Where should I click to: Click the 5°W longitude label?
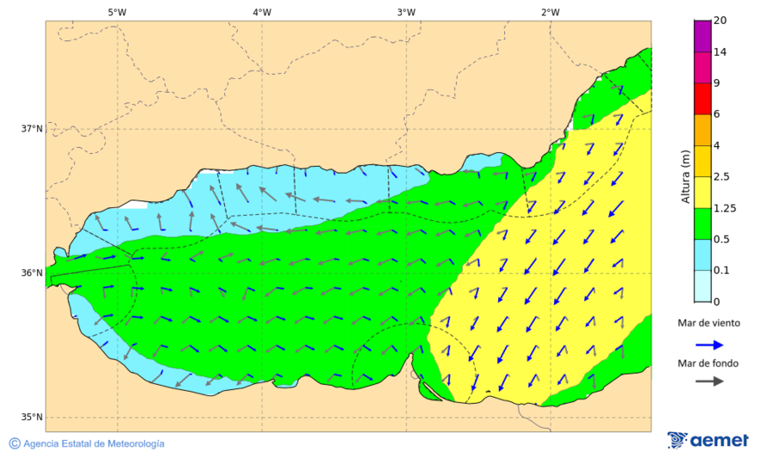click(x=118, y=12)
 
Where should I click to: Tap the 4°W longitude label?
click(x=262, y=12)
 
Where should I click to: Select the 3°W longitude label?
click(x=406, y=12)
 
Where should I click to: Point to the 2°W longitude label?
click(x=551, y=12)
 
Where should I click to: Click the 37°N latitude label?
click(x=32, y=129)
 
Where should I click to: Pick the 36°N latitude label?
click(x=32, y=273)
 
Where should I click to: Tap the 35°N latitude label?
click(x=32, y=418)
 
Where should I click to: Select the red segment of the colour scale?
click(x=702, y=99)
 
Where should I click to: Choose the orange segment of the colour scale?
click(x=702, y=130)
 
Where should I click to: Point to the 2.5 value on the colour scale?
click(x=721, y=177)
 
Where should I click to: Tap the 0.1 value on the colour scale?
click(x=721, y=271)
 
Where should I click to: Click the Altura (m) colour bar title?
click(x=685, y=176)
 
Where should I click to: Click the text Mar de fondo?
click(x=708, y=363)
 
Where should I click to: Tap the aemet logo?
click(x=708, y=440)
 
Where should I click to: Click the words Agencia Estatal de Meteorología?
click(x=94, y=444)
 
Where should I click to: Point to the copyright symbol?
click(x=15, y=443)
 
